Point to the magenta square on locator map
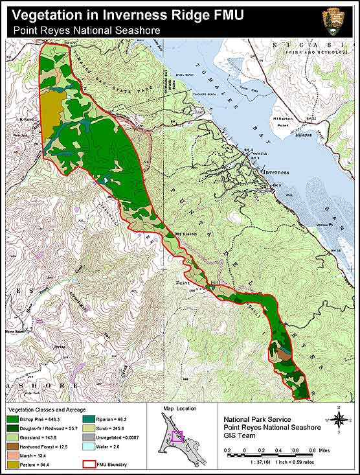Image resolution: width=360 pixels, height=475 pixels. (x=177, y=436)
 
